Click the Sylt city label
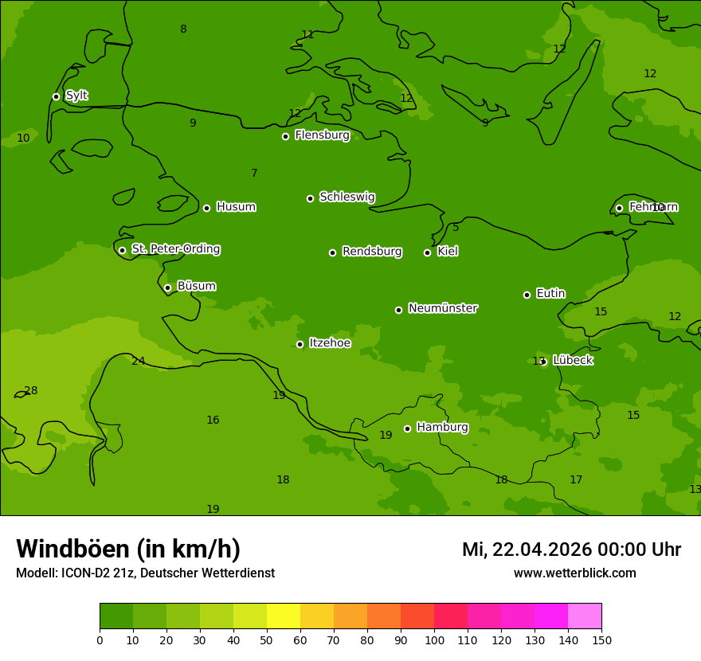[76, 96]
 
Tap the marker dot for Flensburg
[285, 136]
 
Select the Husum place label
[236, 207]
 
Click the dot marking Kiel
[427, 252]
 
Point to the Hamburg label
[442, 428]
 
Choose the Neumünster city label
[443, 308]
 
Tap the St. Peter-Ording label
[176, 249]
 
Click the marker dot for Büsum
[167, 287]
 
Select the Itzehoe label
[330, 343]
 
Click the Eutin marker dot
[527, 295]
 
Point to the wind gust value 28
[31, 391]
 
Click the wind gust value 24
[139, 362]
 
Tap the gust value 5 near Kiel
[456, 228]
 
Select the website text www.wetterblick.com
[574, 573]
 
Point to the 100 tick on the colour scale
[434, 639]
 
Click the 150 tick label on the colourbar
[601, 639]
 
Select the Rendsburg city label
[372, 252]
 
